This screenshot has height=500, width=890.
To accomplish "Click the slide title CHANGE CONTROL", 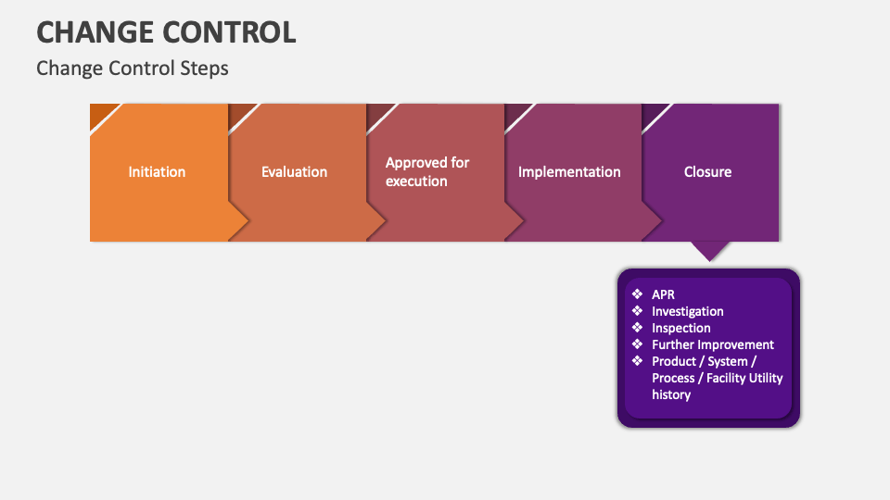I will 166,31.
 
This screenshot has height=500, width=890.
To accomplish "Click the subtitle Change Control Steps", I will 132,69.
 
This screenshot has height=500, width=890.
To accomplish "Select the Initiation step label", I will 157,171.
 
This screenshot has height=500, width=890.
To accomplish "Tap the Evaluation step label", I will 294,171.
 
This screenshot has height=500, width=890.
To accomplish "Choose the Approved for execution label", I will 427,171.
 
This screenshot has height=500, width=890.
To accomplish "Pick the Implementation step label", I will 569,171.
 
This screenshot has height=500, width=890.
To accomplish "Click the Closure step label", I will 707,171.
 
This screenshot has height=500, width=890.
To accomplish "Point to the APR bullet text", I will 664,294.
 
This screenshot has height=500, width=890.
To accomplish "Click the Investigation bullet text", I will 687,311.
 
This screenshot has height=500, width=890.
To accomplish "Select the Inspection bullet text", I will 680,328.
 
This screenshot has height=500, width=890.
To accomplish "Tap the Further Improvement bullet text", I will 712,344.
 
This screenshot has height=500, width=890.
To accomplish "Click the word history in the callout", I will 671,394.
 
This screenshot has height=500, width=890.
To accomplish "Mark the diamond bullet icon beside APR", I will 637,294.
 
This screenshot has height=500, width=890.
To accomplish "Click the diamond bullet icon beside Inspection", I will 637,328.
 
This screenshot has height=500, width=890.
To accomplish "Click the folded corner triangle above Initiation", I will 101,114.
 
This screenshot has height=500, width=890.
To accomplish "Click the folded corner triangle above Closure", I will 654,114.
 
